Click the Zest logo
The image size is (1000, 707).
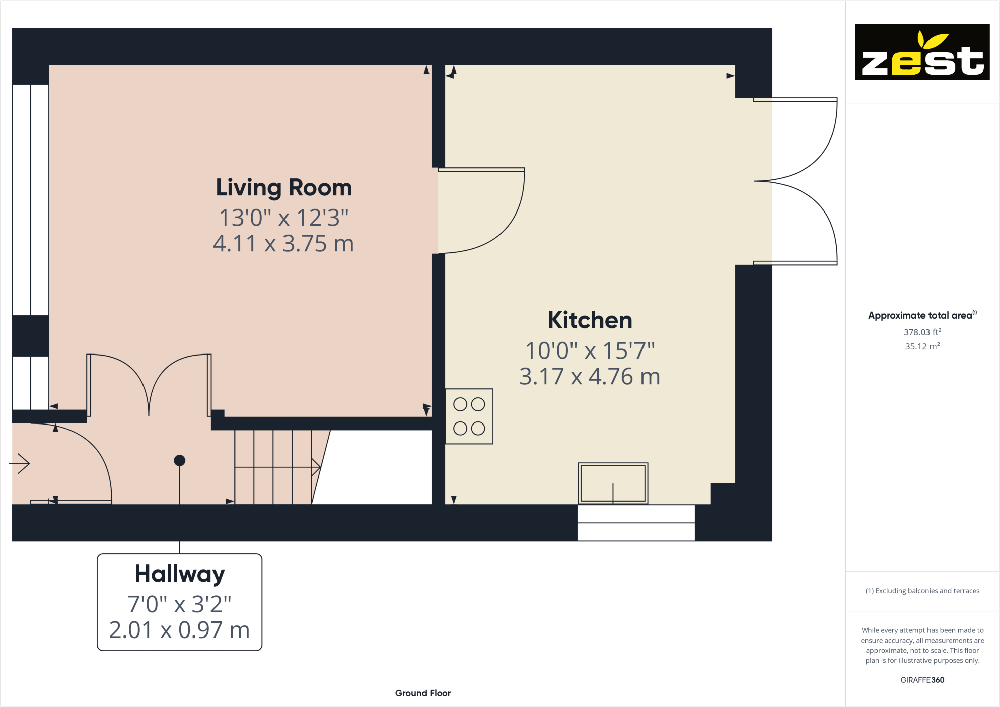922,52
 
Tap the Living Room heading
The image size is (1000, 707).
283,188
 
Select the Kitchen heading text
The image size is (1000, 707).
590,320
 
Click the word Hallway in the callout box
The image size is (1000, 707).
180,574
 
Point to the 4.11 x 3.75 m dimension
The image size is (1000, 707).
283,244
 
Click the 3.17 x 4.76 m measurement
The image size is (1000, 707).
590,377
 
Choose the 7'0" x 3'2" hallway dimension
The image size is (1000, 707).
179,604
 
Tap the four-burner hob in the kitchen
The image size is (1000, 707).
469,416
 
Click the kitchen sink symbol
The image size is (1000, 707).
612,483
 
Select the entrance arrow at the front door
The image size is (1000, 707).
20,463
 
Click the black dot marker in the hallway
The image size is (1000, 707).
180,460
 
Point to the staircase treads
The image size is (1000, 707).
272,467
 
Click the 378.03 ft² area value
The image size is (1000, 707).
922,332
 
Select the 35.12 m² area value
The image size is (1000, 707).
922,346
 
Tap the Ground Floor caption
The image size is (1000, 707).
422,693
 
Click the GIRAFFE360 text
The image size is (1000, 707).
922,680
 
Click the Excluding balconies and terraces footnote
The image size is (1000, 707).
922,591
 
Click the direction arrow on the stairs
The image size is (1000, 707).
316,467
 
